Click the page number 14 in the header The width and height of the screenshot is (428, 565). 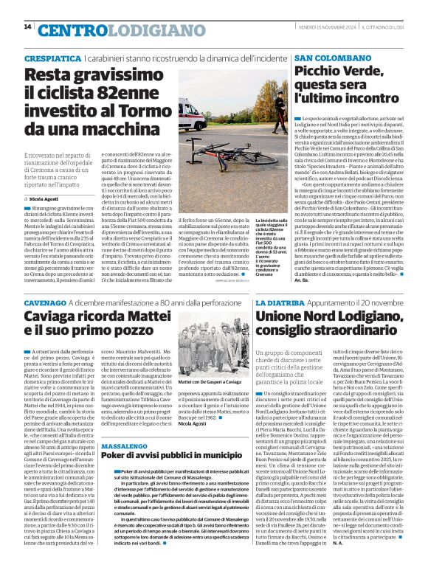click(x=27, y=27)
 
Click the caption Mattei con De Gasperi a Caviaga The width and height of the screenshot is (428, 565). click(x=210, y=383)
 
